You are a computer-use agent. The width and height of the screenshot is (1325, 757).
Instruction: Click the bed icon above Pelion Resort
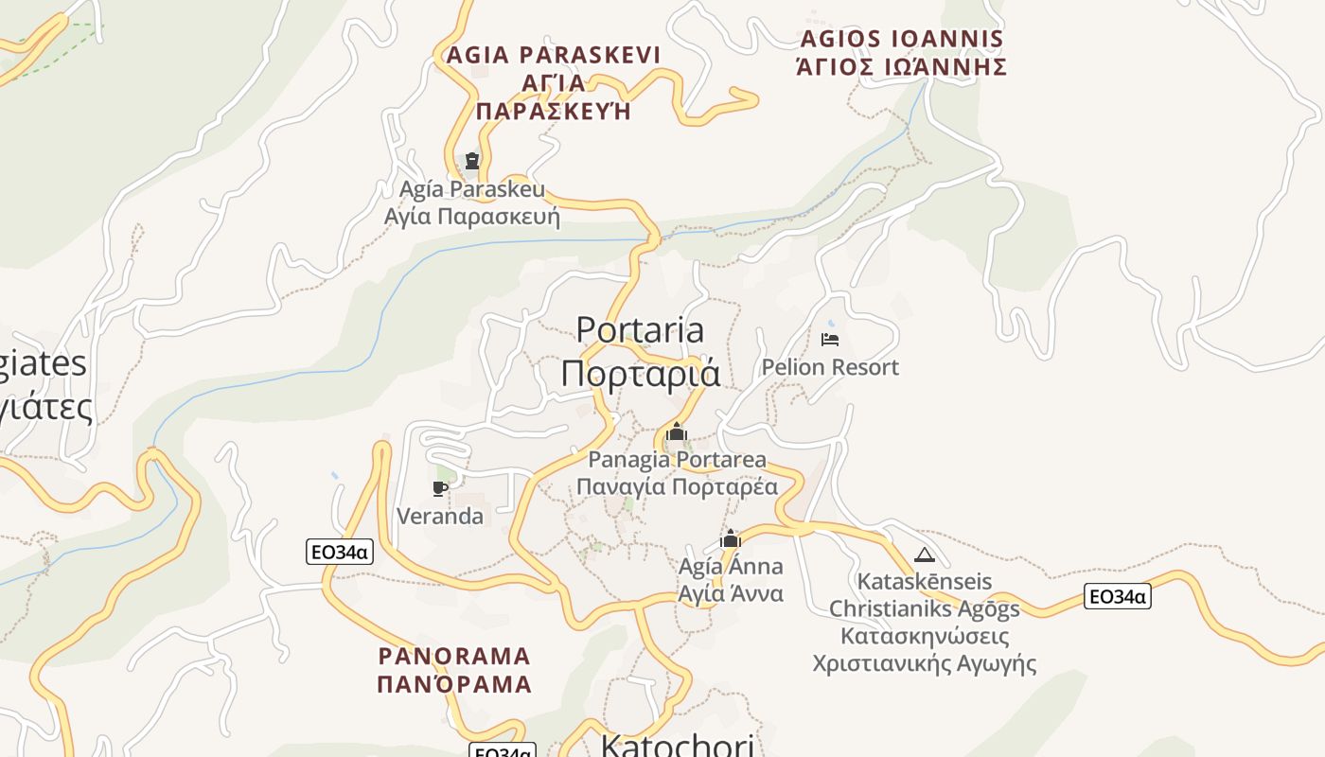[x=830, y=340]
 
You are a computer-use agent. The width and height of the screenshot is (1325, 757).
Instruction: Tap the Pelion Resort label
[x=830, y=367]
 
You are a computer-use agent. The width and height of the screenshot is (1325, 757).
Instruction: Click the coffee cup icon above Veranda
[x=439, y=488]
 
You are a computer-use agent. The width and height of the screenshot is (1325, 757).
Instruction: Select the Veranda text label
[x=440, y=516]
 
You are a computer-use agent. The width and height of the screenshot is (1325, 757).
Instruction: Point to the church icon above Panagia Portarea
[x=676, y=433]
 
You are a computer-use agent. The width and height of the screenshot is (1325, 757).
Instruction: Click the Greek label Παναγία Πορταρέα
[x=677, y=487]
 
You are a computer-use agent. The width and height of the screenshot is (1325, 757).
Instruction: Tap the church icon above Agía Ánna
[x=730, y=539]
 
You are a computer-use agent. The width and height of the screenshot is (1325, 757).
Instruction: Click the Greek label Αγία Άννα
[x=731, y=594]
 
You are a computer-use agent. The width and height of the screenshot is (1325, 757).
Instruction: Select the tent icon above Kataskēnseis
[x=925, y=555]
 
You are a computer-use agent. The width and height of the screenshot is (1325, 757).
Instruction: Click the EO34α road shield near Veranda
[x=340, y=552]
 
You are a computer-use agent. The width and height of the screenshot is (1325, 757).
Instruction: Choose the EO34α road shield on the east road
[x=1117, y=596]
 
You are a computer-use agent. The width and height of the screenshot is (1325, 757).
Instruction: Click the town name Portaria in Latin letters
[x=640, y=330]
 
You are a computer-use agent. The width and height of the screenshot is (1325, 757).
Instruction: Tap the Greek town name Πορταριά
[x=640, y=373]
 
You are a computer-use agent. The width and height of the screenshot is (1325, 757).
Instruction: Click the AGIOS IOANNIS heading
[x=901, y=40]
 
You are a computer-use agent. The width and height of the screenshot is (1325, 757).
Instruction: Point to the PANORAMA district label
[x=454, y=656]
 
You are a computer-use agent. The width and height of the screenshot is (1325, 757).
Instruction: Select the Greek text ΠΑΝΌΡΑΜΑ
[x=454, y=684]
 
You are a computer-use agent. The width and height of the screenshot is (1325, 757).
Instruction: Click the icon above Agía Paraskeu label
[x=472, y=161]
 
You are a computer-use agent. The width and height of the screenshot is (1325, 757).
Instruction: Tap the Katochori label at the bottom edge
[x=678, y=746]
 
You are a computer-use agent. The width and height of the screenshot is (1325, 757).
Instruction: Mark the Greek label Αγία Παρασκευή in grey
[x=472, y=217]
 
